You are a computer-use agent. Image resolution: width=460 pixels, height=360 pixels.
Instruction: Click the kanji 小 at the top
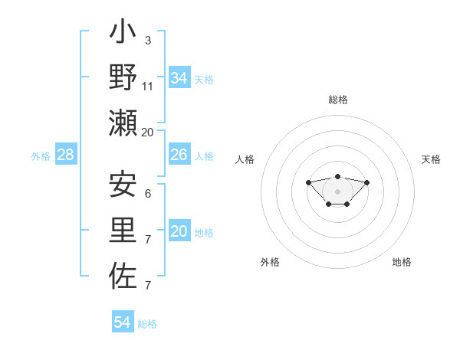[123, 34]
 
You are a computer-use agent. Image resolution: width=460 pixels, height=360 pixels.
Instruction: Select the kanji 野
[123, 77]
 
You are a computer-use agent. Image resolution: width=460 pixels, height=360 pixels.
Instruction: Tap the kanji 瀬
[123, 123]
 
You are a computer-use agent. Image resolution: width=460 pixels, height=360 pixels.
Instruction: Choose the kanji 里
[123, 231]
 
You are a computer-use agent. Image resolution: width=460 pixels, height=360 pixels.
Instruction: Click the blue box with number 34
[179, 77]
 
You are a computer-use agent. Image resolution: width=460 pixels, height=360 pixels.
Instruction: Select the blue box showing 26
[179, 155]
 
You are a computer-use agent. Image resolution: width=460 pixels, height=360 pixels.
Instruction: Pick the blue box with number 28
[66, 155]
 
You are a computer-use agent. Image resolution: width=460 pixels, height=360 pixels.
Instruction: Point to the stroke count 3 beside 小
[147, 40]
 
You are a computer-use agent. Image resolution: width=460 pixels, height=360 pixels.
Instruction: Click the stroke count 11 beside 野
[148, 86]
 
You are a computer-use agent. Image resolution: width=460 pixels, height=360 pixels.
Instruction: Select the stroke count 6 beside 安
[147, 194]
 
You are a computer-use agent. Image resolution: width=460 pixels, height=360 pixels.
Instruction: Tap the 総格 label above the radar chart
[338, 100]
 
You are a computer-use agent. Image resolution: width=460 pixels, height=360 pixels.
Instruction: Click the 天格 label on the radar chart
[431, 159]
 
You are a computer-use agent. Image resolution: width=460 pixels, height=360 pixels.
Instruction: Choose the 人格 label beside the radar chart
[245, 159]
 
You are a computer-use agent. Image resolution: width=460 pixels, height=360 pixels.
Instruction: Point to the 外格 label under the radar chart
[270, 263]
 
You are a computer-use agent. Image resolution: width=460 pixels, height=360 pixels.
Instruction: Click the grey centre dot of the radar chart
[338, 191]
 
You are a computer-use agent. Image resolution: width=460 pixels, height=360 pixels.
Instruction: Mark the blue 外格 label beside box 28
[41, 156]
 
